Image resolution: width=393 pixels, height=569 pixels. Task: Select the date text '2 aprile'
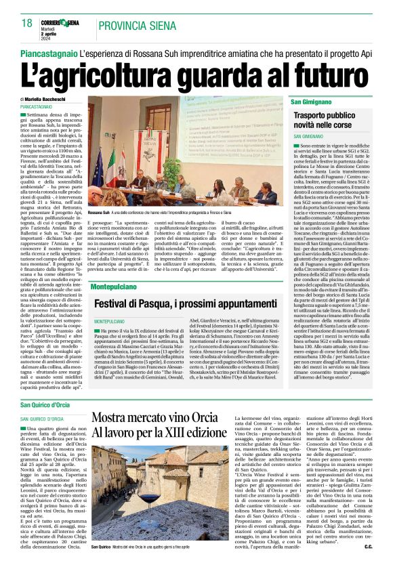[x=65, y=35]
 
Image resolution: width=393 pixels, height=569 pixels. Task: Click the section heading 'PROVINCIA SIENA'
[x=141, y=26]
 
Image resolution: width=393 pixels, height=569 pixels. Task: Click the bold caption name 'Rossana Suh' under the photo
[x=99, y=212]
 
